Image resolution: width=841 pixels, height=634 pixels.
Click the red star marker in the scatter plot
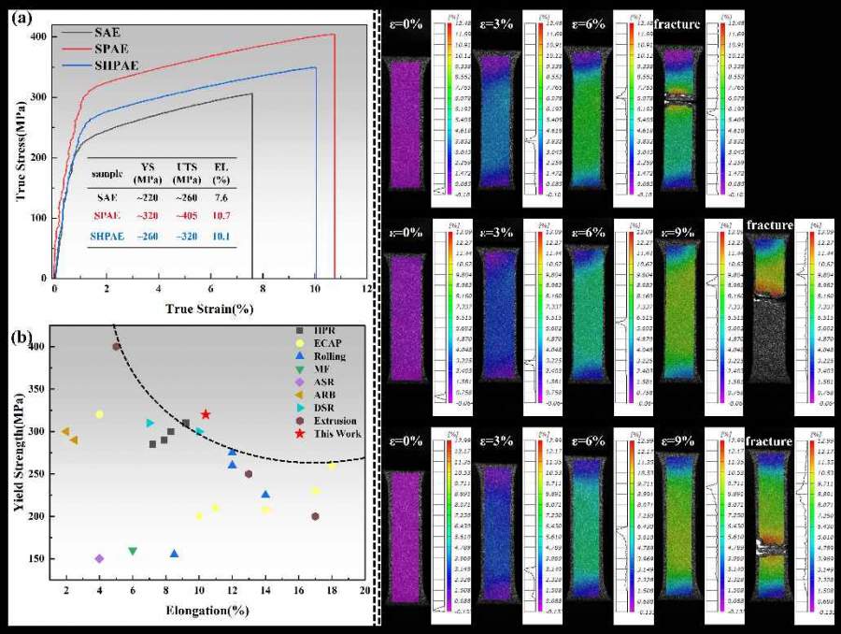(206, 414)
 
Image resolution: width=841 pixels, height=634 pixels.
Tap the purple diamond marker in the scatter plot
(99, 558)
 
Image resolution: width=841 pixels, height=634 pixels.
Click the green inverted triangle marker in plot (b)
(133, 551)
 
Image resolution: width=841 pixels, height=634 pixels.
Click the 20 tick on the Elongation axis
(365, 592)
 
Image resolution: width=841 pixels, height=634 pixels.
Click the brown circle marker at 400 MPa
(116, 346)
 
